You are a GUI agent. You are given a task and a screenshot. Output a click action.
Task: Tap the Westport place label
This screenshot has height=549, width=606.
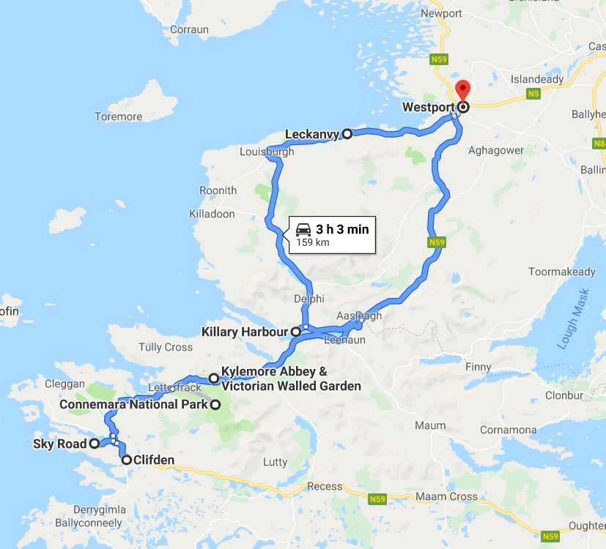428,108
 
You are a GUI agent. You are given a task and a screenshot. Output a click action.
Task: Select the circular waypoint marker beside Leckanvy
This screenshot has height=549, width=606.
347,134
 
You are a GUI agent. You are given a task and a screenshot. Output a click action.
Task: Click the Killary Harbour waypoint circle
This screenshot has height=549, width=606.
296,332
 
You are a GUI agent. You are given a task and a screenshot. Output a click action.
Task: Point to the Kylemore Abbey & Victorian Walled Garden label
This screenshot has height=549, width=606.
291,378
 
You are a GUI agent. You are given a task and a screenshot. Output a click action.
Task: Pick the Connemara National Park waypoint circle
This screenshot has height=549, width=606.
215,405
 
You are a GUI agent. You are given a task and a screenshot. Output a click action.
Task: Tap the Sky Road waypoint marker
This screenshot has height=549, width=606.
95,444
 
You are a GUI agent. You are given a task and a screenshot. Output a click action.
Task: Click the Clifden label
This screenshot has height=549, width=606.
154,460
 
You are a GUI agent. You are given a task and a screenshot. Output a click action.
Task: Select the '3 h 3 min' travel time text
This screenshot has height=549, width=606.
342,230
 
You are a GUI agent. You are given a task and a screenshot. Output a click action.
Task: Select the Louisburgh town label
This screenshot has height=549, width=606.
267,152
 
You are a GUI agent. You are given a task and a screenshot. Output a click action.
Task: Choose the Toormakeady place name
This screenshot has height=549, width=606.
562,272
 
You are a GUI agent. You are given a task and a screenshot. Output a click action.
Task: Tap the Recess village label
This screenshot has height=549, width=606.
325,486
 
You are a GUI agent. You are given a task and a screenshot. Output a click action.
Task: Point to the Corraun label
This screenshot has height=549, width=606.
189,30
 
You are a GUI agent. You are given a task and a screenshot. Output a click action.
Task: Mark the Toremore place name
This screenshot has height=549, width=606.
119,116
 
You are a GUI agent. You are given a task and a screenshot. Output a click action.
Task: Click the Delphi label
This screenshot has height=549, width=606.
308,299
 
